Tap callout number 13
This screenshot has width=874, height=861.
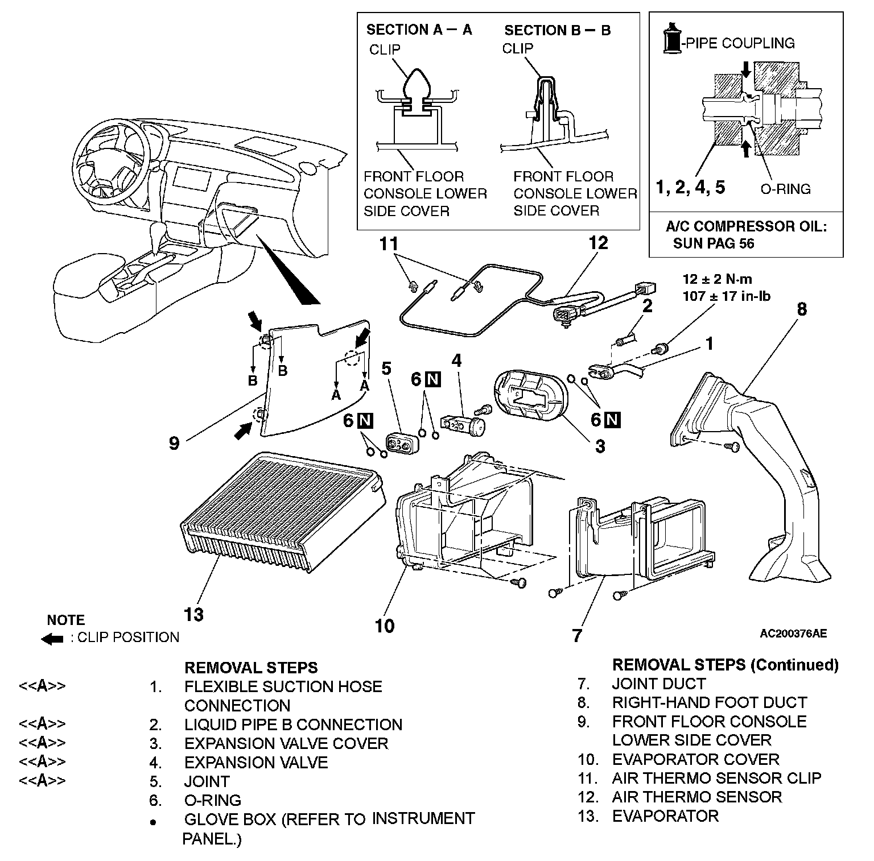193,615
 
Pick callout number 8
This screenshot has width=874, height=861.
801,309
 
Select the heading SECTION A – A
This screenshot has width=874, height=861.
419,30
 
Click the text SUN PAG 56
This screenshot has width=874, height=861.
714,243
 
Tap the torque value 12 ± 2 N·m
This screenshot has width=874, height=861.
717,279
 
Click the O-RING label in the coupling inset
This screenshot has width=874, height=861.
785,189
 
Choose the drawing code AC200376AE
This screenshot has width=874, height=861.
793,633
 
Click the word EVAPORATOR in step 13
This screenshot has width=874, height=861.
665,816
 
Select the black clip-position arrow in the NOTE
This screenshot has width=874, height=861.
52,639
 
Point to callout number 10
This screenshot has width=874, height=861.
385,626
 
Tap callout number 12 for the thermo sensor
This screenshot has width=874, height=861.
598,243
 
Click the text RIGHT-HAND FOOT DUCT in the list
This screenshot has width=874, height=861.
710,703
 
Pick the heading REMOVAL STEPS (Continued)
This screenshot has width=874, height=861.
725,665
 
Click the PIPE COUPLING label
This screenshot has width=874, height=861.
740,43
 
